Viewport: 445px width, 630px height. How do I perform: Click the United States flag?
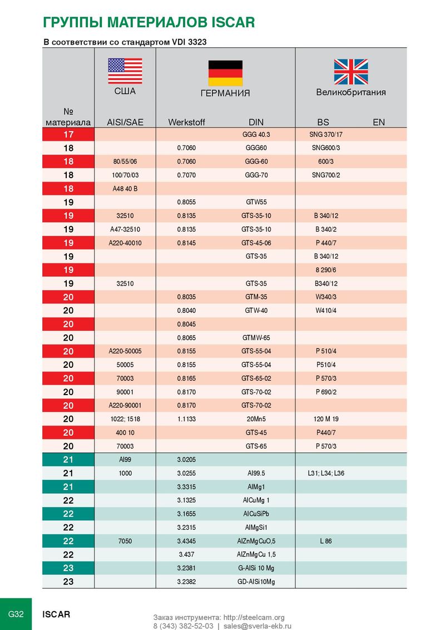coord(125,71)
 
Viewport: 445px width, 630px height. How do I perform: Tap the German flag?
coord(225,73)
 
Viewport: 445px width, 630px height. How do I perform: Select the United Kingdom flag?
coord(350,72)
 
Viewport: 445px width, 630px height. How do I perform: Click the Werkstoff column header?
coord(186,122)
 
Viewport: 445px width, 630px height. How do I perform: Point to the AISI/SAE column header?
coord(125,122)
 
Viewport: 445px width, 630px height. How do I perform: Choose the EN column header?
coord(379,122)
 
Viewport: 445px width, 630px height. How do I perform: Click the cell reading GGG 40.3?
coord(256,135)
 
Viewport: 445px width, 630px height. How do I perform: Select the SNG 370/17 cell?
coord(326,135)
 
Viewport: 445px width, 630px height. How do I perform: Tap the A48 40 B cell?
coord(125,189)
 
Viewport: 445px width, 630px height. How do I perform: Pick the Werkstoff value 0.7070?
coord(186,175)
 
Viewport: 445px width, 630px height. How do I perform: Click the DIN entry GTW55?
coord(256,202)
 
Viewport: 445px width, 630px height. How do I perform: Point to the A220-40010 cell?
coord(125,243)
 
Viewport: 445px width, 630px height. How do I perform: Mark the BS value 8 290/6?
coord(326,270)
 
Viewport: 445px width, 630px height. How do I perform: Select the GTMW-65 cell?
coord(256,338)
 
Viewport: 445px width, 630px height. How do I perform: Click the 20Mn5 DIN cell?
coord(256,419)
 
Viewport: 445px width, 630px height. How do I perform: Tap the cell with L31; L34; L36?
coord(326,473)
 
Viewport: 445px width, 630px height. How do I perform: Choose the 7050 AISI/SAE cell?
coord(125,541)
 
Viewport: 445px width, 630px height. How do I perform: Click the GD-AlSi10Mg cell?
coord(256,582)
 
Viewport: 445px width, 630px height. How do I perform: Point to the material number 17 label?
coord(68,135)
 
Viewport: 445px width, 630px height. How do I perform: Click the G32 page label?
coord(16,614)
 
